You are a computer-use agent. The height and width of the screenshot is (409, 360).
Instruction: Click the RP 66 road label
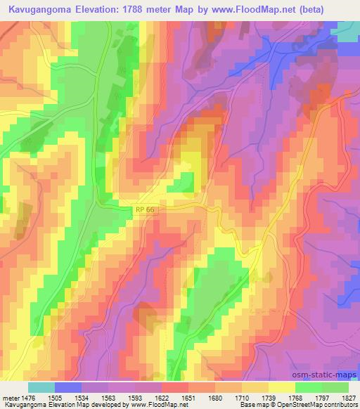[x=143, y=210]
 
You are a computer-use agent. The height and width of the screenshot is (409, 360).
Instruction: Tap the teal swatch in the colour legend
[x=41, y=387]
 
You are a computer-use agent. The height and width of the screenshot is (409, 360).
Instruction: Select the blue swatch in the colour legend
[x=68, y=387]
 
